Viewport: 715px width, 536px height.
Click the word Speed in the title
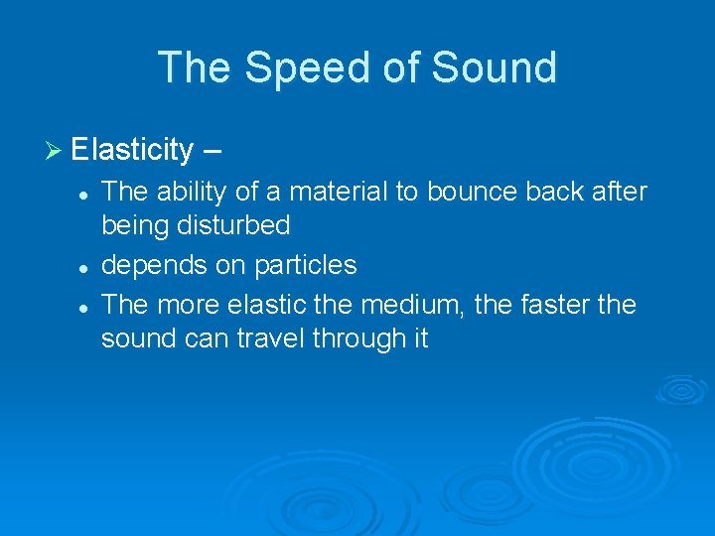coord(295,67)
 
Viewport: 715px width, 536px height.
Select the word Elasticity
coord(132,150)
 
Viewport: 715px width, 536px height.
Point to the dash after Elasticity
coord(213,151)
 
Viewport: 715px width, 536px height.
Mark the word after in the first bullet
coord(618,191)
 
